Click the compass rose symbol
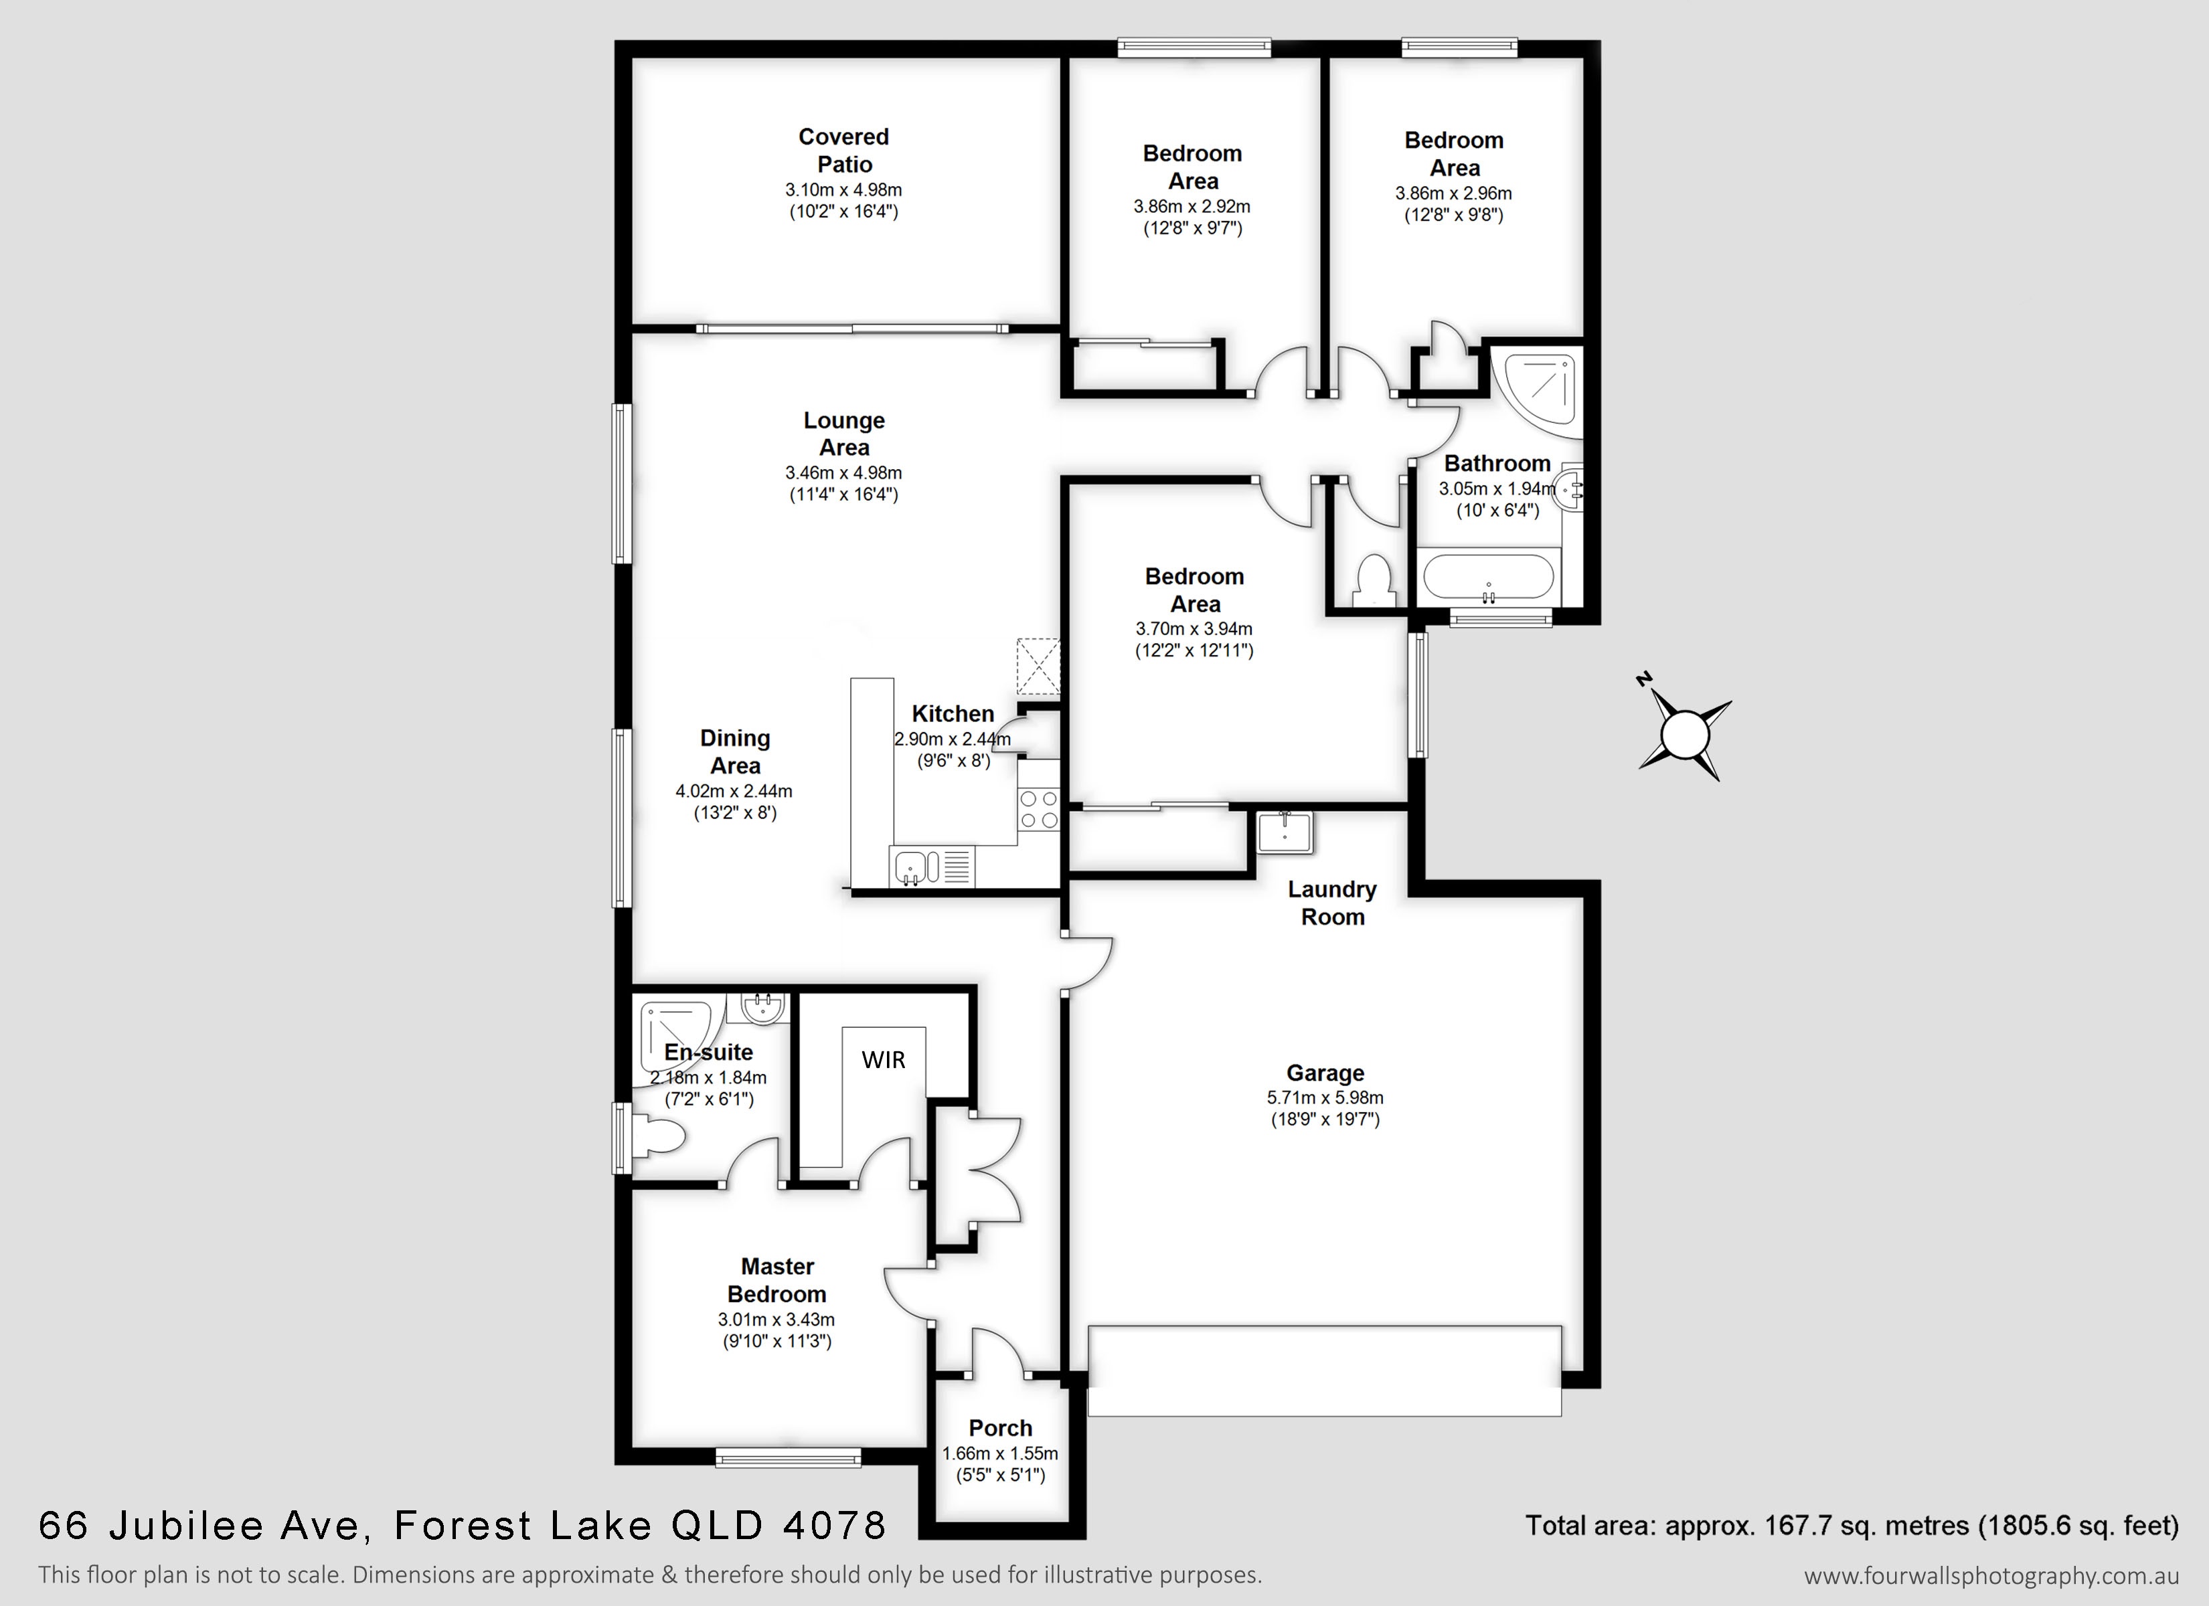[1685, 733]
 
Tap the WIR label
[884, 1060]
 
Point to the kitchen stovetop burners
[1038, 809]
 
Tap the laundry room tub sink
[1285, 830]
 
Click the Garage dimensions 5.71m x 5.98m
[1325, 1097]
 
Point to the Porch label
[1000, 1428]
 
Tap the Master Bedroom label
[777, 1279]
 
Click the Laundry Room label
[1332, 903]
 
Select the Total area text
[1852, 1525]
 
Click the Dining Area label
[736, 752]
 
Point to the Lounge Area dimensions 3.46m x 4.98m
[843, 473]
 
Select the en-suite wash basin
[762, 1007]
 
